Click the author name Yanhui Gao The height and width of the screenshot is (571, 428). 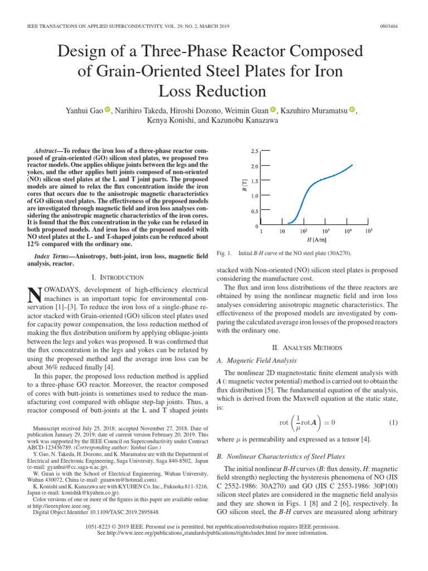point(84,111)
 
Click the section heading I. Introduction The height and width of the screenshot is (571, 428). point(116,277)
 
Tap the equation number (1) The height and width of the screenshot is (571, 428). point(393,423)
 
